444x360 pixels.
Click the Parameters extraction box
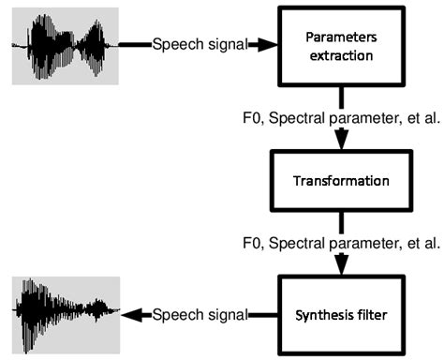click(x=340, y=44)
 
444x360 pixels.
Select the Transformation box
click(x=340, y=178)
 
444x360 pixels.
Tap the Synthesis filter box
click(x=340, y=313)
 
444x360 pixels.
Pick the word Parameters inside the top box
click(x=340, y=37)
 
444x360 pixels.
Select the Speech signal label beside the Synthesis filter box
click(x=199, y=314)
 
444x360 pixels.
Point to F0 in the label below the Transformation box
click(x=252, y=243)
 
